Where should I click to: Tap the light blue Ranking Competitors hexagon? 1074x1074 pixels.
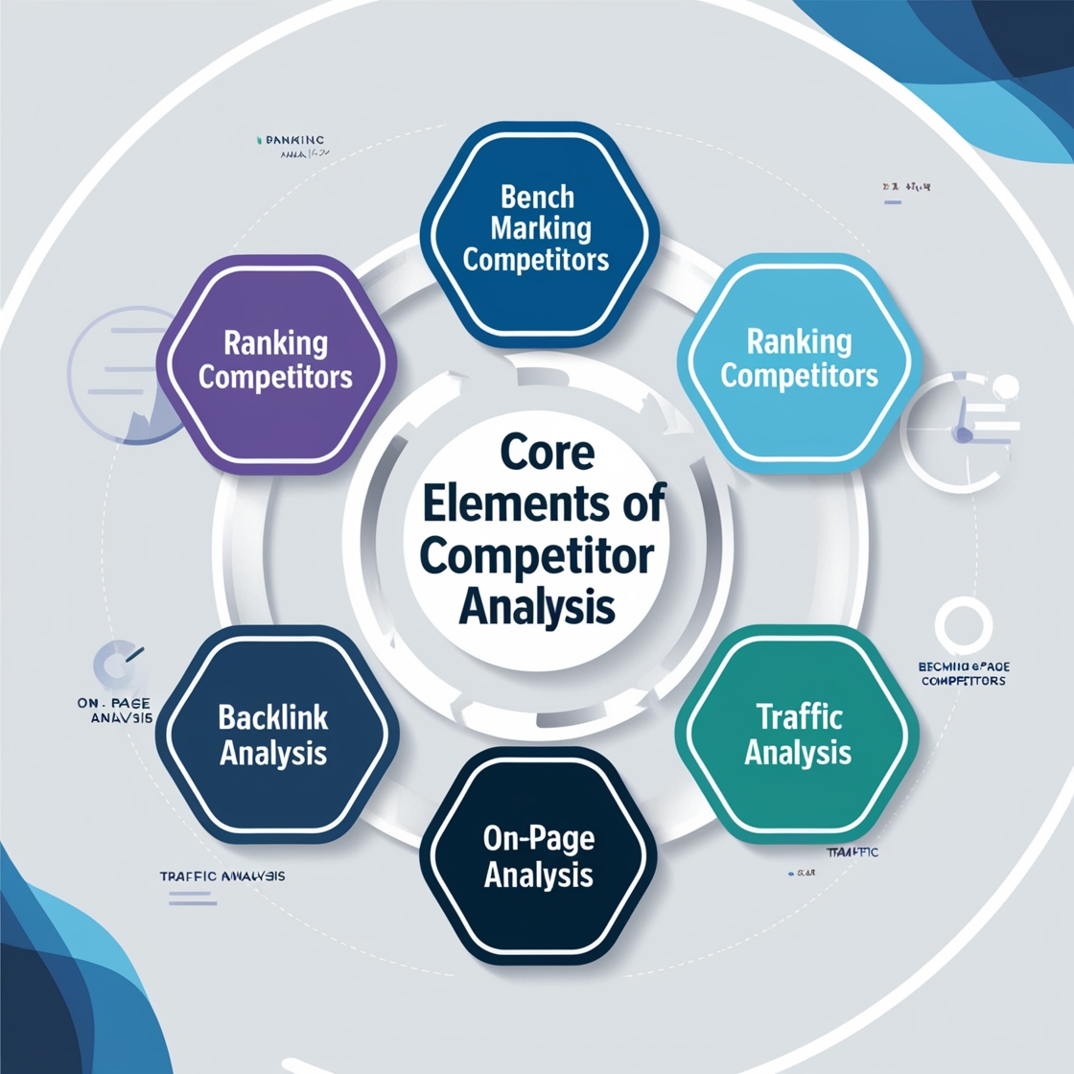pos(799,359)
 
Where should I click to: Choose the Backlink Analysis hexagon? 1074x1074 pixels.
pos(274,735)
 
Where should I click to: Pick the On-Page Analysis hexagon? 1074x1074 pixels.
pos(538,857)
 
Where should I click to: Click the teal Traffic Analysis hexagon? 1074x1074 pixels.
pos(798,735)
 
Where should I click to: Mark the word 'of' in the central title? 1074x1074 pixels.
pos(642,504)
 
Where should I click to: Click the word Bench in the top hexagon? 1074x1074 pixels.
pos(538,198)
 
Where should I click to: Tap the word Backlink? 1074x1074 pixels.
pos(273,716)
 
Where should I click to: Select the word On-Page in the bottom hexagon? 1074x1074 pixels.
pos(538,839)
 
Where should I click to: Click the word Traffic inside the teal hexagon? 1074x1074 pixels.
pos(798,716)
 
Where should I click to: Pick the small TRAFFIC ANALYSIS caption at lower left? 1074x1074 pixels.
pos(222,876)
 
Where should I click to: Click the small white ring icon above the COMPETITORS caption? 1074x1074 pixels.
pos(963,624)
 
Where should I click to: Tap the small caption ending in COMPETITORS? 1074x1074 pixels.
pos(963,673)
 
